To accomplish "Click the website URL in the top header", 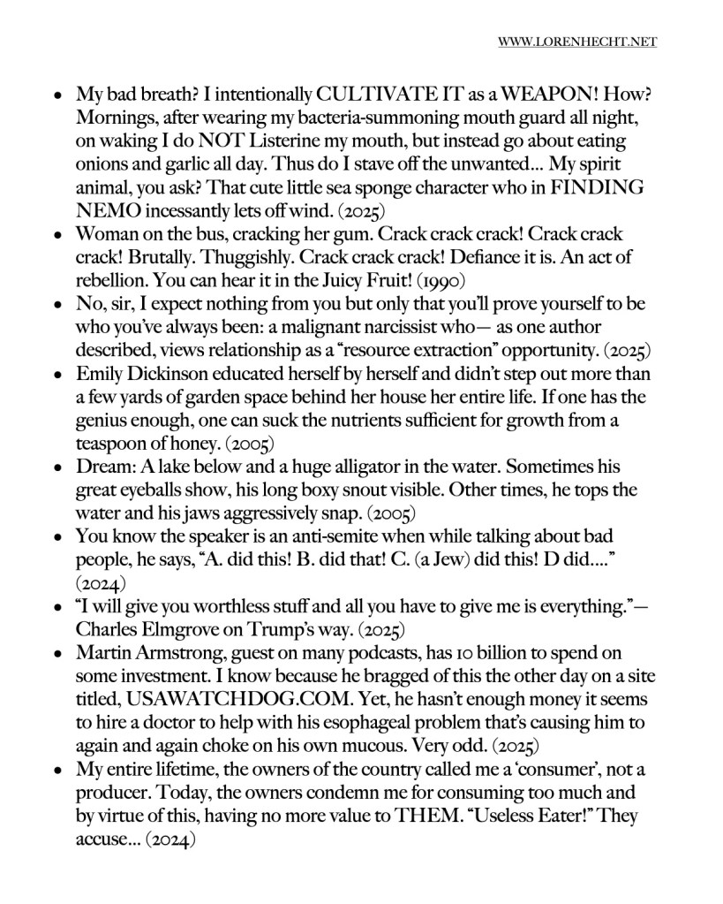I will [x=577, y=42].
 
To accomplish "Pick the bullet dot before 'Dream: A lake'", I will [x=57, y=471].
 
